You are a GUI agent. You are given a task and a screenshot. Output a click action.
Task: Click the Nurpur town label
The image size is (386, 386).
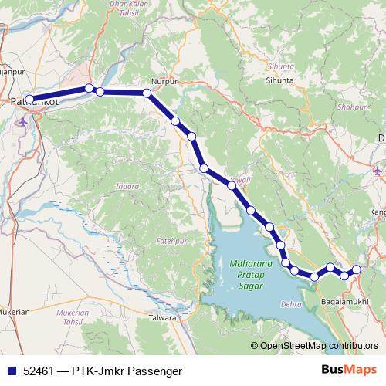(164, 80)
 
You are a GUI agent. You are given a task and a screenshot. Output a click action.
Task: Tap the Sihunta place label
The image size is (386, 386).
(279, 80)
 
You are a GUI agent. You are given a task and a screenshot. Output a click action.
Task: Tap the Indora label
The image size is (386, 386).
(126, 187)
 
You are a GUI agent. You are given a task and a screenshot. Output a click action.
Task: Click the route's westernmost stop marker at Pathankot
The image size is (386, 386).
(29, 99)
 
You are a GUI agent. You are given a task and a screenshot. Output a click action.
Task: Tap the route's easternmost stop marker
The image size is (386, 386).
(357, 269)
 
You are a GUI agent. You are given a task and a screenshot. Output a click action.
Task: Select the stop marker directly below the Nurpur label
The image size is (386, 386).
(147, 93)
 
